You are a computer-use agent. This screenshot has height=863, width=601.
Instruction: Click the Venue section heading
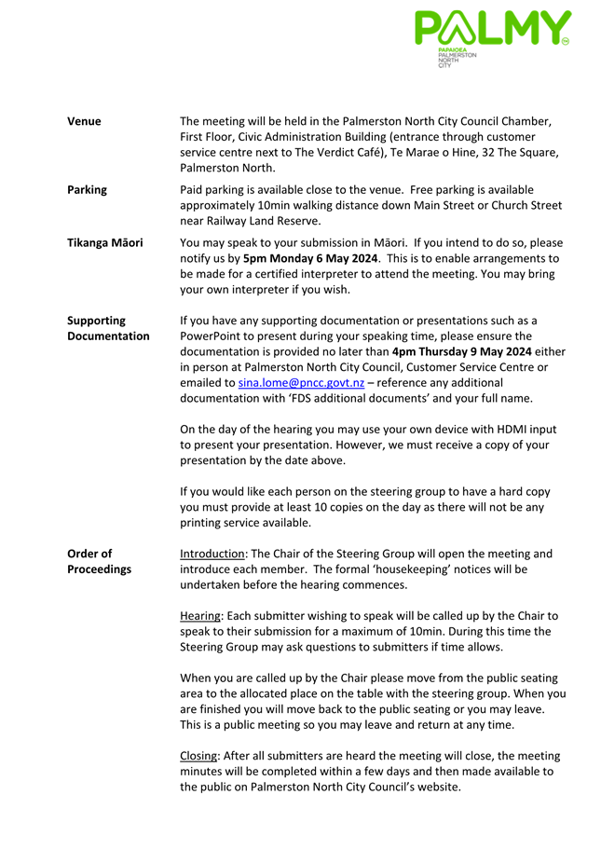point(84,121)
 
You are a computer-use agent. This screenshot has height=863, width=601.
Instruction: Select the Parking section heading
point(87,190)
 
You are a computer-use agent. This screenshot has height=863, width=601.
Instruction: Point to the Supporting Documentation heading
point(108,328)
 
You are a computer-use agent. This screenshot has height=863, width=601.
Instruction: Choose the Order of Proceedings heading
point(99,562)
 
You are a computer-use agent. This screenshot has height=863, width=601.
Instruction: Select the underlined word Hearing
point(199,616)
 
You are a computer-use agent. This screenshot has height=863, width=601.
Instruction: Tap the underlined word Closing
point(198,756)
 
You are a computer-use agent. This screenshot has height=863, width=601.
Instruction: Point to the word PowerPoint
point(212,336)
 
